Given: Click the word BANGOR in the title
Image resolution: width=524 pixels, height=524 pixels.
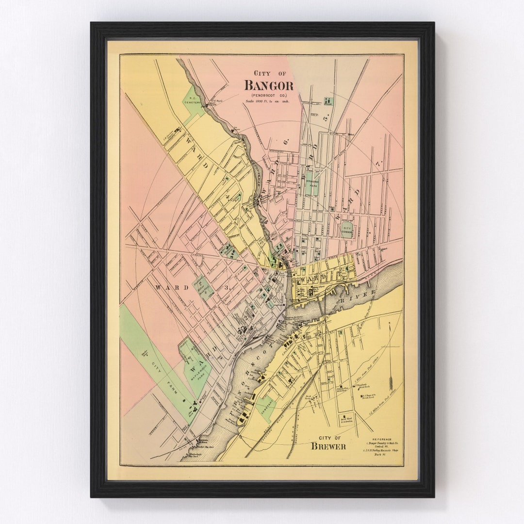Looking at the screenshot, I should pos(269,85).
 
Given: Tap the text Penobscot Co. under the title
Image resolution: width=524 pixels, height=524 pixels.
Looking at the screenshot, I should pos(269,96).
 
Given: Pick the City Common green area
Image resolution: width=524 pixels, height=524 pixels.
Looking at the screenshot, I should pos(347,230).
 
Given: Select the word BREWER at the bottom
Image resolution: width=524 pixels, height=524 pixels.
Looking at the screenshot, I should pos(328,446).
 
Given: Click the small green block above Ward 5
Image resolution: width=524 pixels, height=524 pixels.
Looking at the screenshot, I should pos(328,101).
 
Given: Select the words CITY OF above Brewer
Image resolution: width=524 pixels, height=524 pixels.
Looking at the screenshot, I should pos(328,437).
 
